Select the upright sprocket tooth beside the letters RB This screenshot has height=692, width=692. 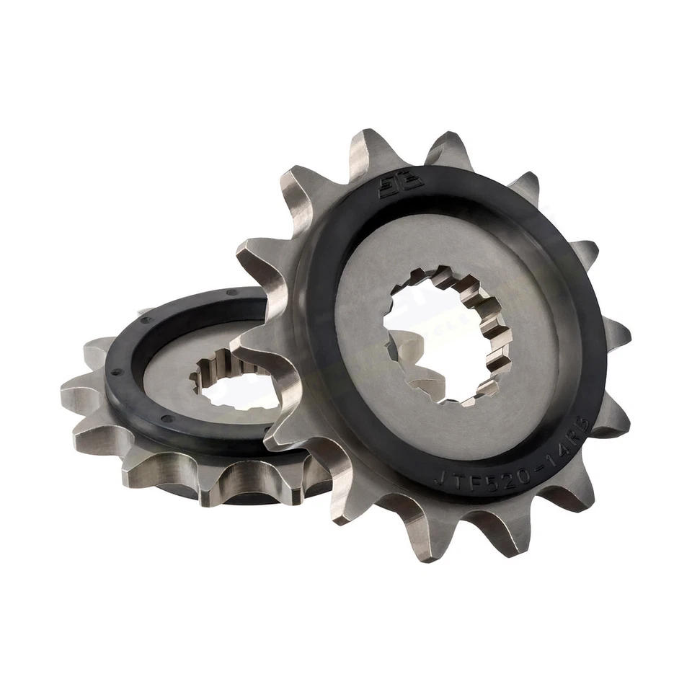click(613, 418)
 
